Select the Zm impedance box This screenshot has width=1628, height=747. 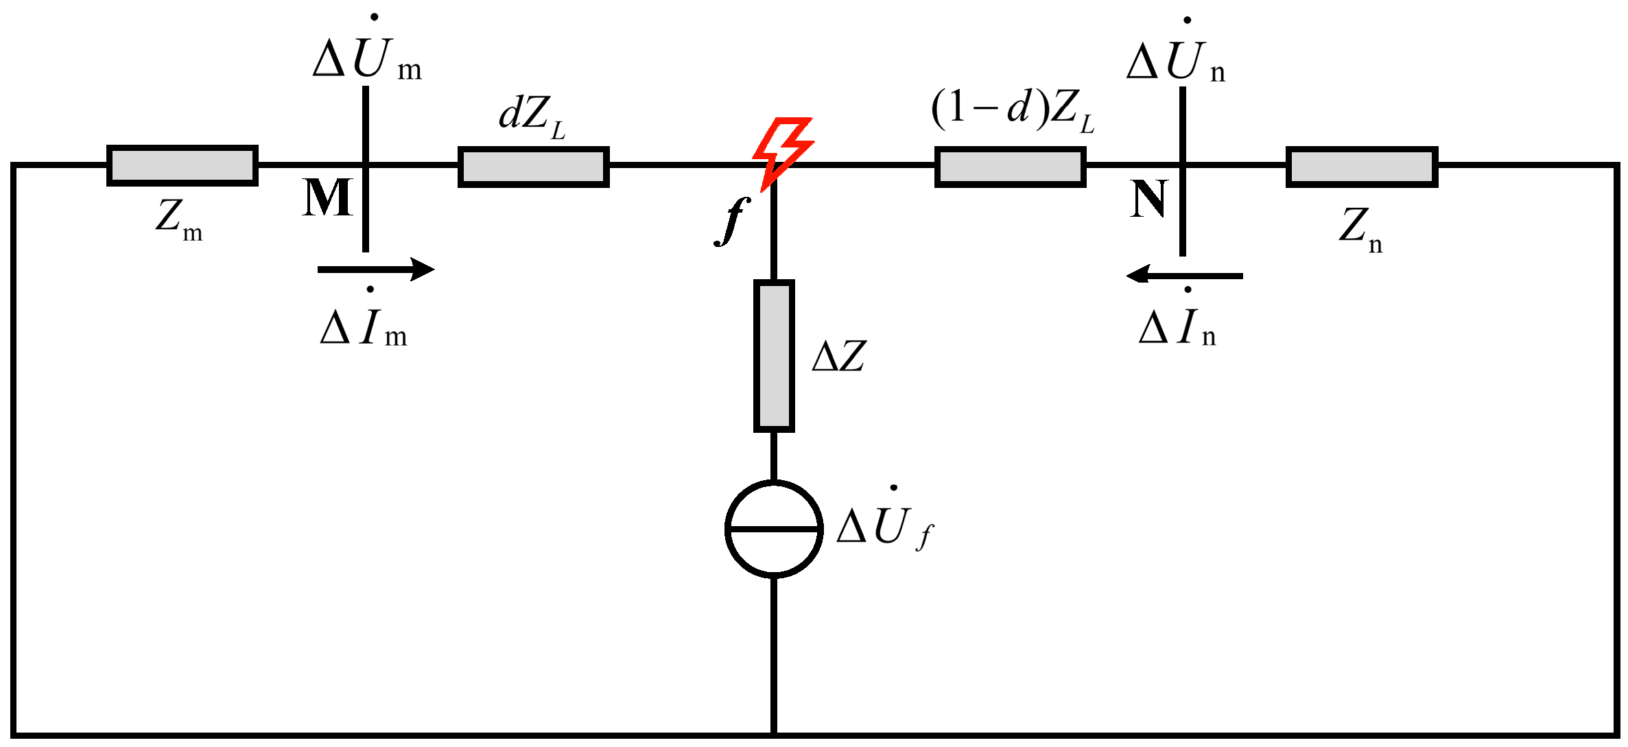pyautogui.click(x=182, y=166)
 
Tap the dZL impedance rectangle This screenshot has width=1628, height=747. pyautogui.click(x=534, y=167)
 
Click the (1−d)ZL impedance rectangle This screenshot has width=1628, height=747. pyautogui.click(x=1010, y=167)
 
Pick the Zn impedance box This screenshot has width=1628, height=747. pyautogui.click(x=1362, y=167)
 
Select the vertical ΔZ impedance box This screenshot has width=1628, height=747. pyautogui.click(x=774, y=355)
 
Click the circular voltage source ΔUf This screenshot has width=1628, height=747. pyautogui.click(x=774, y=529)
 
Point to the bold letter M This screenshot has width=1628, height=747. pyautogui.click(x=327, y=199)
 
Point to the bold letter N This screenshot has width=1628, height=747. pyautogui.click(x=1148, y=200)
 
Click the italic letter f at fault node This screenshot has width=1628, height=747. pyautogui.click(x=732, y=220)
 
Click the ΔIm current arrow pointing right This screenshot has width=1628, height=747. pyautogui.click(x=375, y=269)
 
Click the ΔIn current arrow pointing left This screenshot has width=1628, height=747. pyautogui.click(x=1185, y=276)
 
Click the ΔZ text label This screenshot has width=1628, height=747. pyautogui.click(x=838, y=357)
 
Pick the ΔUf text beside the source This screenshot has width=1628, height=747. pyautogui.click(x=884, y=527)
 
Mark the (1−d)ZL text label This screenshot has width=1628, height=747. pyautogui.click(x=1013, y=110)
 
